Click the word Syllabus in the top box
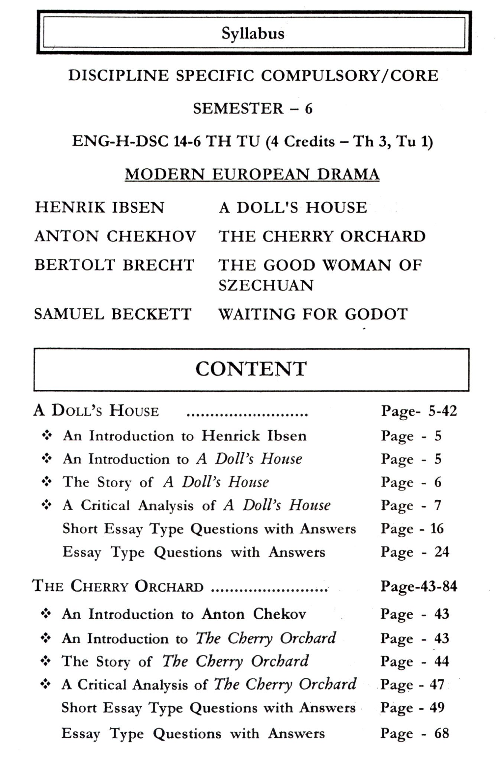253,34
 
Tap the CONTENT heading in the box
251,369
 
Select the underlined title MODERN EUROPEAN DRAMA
252,174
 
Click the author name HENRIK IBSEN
100,207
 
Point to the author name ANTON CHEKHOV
115,236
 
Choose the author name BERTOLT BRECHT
114,265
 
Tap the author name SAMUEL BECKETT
113,314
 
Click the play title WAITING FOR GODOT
313,314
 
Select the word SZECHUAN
266,285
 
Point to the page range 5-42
442,411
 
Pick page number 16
437,528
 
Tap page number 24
442,552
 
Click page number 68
442,734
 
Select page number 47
437,684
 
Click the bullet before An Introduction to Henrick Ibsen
46,436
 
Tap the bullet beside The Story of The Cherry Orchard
46,661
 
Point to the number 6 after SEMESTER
309,109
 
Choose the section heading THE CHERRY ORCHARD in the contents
118,586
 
